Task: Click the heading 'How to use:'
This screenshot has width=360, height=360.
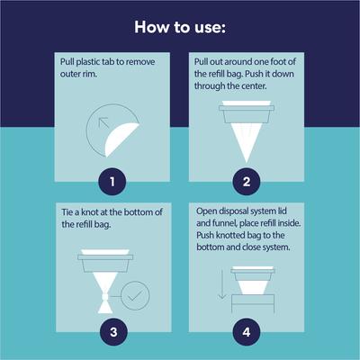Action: (180, 26)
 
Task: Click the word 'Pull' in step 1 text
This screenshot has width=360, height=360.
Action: (69, 59)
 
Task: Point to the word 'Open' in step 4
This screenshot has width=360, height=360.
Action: (207, 211)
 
